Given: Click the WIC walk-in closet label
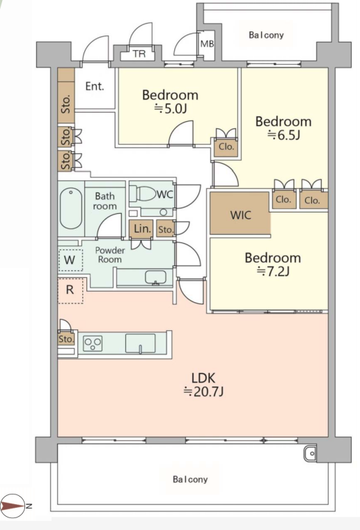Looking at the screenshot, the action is [241, 215].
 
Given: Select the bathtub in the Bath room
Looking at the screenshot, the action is [71, 208].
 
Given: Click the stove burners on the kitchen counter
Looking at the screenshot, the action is [93, 343].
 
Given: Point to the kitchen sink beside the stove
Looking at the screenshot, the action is [140, 343].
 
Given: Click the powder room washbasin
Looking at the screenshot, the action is [155, 277].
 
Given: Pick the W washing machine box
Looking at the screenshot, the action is [70, 260].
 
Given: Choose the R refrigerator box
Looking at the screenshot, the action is [70, 290].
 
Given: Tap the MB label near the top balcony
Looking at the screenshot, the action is [207, 44].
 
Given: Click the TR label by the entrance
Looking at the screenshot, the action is [139, 54].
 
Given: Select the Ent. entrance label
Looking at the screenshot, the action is [95, 86].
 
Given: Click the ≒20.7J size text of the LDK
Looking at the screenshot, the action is [203, 391].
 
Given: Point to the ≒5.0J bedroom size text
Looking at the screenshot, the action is [171, 109].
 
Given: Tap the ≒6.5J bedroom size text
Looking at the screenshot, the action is [284, 135].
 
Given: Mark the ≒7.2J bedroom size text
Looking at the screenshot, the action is [273, 271].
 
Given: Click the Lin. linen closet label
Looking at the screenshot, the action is [142, 229].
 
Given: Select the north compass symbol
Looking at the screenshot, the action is [13, 506].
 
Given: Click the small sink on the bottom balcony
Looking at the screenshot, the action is [310, 453].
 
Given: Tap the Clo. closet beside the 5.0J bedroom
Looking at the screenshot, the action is [226, 147].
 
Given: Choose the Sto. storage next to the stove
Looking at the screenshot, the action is [66, 338].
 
